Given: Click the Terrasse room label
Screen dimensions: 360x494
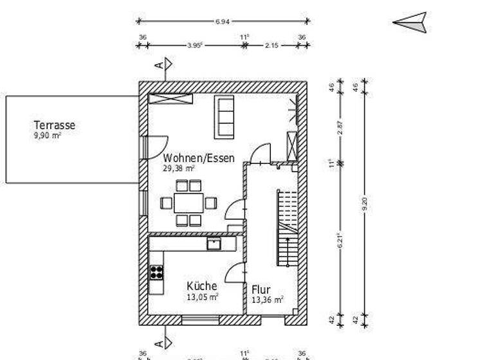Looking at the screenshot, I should coord(55,125).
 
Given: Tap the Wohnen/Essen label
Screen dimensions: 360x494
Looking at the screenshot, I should coord(199,157).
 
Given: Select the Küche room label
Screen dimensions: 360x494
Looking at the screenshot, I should coord(202,286).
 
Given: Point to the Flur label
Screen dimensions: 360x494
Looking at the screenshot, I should coord(261,289).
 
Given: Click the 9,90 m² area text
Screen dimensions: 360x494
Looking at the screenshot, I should coord(48,136).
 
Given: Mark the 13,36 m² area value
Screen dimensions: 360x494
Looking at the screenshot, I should coord(268,300).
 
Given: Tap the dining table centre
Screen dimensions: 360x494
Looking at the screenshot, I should coord(188,203).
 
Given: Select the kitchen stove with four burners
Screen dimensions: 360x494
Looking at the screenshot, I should coord(156,272).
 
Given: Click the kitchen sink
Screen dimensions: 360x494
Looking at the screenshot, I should coord(214,244).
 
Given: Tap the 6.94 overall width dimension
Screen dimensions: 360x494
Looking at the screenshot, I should coord(223,22).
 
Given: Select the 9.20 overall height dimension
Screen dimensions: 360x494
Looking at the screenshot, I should coord(365,203).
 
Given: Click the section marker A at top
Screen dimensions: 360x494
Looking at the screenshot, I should coord(164,64).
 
